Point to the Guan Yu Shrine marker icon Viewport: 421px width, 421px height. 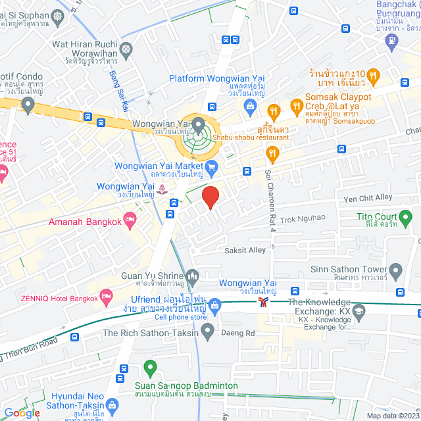click(192, 275)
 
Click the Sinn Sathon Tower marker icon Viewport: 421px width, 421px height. click(395, 270)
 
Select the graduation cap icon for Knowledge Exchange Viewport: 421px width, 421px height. click(359, 310)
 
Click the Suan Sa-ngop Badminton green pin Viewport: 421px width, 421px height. click(151, 368)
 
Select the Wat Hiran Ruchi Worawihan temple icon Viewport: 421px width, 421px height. click(126, 49)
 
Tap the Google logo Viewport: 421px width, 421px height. click(22, 412)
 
